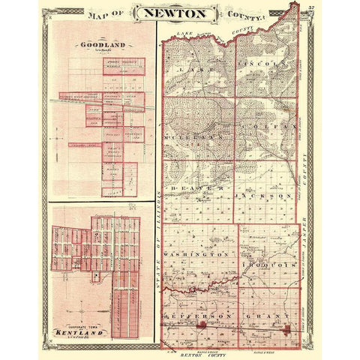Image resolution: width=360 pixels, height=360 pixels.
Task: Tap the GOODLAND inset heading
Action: [x=101, y=43]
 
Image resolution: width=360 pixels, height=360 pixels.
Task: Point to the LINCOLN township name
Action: [x=262, y=66]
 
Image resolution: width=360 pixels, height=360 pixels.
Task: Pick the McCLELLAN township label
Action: [x=196, y=138]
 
